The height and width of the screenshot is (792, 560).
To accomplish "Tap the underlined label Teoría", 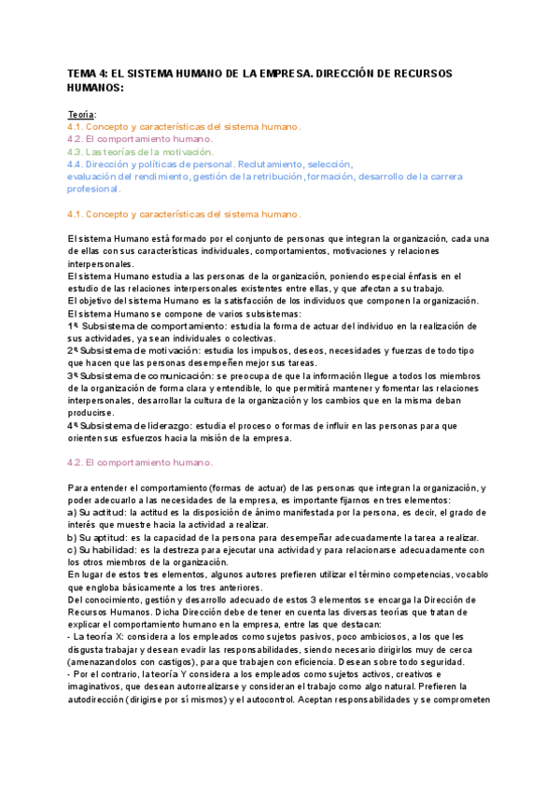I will point(81,114).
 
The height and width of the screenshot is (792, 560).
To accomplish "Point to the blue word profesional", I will point(94,188).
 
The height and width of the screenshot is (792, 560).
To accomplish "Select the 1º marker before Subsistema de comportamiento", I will point(73,326).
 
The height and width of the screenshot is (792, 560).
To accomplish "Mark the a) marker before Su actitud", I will point(74,513).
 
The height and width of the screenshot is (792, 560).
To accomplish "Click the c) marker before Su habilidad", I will point(74,550).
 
